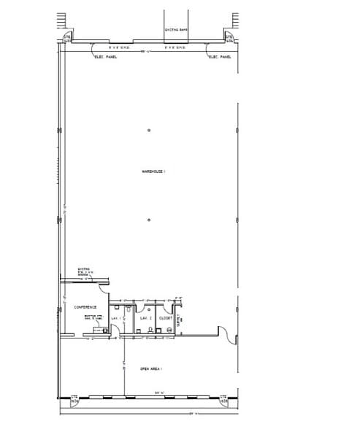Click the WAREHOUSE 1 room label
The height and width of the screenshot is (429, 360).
click(x=154, y=171)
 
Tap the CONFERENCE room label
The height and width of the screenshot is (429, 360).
click(x=85, y=307)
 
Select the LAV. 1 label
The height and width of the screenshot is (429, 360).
click(x=115, y=318)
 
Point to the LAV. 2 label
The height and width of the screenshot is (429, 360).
click(x=145, y=318)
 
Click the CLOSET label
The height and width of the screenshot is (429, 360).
click(x=165, y=318)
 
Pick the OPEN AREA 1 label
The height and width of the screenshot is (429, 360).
click(x=150, y=369)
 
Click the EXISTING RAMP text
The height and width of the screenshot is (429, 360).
click(x=176, y=30)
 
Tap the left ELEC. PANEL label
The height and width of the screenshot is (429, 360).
click(x=106, y=56)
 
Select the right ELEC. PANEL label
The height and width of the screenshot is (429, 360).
click(x=219, y=56)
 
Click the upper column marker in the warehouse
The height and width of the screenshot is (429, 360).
click(x=148, y=131)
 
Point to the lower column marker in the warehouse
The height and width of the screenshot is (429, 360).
click(x=148, y=220)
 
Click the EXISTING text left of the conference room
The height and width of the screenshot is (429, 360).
click(x=83, y=268)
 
